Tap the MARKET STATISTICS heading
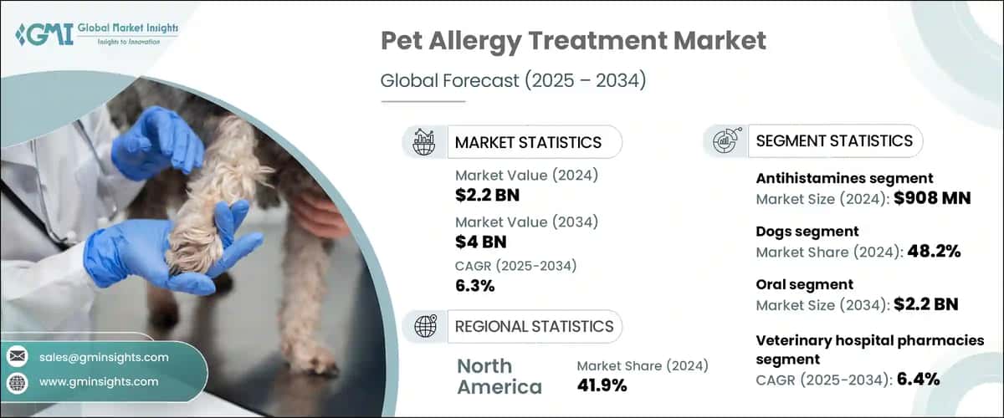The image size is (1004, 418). click(527, 142)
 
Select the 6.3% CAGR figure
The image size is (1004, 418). click(474, 285)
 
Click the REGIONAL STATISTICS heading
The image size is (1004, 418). click(533, 326)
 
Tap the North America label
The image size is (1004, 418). click(499, 376)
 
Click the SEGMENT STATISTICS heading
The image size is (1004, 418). click(833, 141)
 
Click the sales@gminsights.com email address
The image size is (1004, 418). click(103, 357)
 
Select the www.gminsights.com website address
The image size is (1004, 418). click(98, 382)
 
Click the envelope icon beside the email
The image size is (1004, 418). click(17, 357)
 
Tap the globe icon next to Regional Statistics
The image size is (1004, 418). click(424, 326)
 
